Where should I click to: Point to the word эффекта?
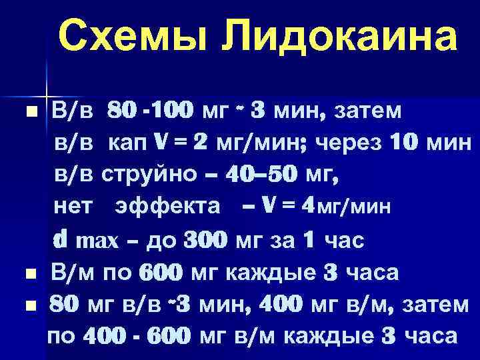tap(167, 207)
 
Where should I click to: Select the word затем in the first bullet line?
tap(363, 111)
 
